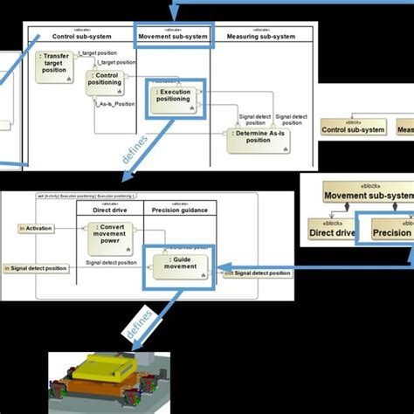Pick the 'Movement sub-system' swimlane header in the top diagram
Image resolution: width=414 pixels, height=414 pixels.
click(x=172, y=37)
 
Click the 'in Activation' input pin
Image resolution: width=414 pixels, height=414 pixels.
click(x=34, y=228)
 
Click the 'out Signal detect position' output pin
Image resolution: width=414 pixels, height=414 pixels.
click(x=257, y=273)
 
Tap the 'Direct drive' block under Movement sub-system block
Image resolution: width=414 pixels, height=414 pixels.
click(x=332, y=232)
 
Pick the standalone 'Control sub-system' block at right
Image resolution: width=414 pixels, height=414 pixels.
click(x=353, y=128)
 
